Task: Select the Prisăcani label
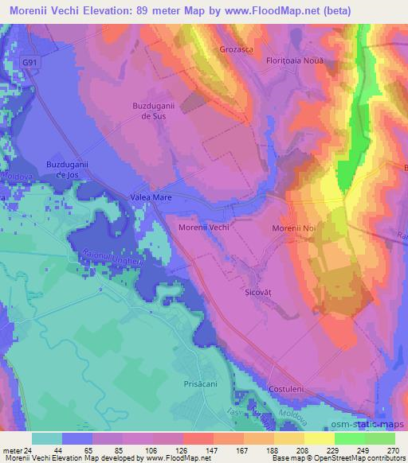[190, 383]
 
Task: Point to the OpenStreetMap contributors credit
[355, 458]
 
